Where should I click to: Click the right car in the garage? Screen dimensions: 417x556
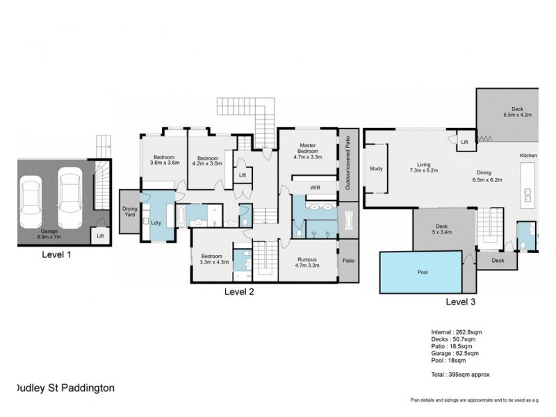pyautogui.click(x=69, y=197)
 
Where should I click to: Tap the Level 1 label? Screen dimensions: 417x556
pyautogui.click(x=56, y=254)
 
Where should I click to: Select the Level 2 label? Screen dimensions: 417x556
pyautogui.click(x=238, y=292)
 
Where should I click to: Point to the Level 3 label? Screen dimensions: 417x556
pyautogui.click(x=460, y=302)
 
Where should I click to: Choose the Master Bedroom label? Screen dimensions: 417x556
pyautogui.click(x=308, y=152)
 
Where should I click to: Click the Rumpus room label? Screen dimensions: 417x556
pyautogui.click(x=306, y=262)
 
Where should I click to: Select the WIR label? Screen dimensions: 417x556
pyautogui.click(x=315, y=188)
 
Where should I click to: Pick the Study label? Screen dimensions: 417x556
pyautogui.click(x=377, y=168)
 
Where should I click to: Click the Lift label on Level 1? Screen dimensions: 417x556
pyautogui.click(x=100, y=236)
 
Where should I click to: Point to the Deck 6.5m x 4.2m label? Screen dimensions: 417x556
pyautogui.click(x=517, y=112)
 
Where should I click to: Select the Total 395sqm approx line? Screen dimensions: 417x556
pyautogui.click(x=460, y=374)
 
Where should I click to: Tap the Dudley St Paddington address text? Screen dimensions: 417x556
pyautogui.click(x=65, y=389)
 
